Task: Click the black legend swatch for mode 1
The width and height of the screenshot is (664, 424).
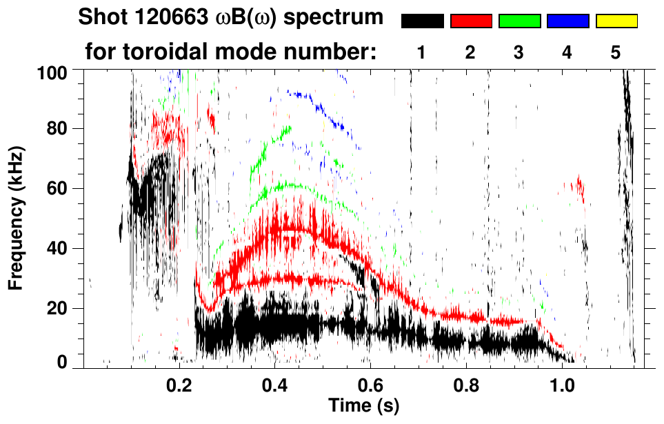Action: pyautogui.click(x=423, y=21)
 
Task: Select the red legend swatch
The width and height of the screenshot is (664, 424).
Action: pyautogui.click(x=471, y=21)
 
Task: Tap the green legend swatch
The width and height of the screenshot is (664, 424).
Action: pyautogui.click(x=519, y=21)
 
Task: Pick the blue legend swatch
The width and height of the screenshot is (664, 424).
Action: pyautogui.click(x=567, y=21)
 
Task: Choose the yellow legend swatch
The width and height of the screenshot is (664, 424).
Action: pyautogui.click(x=616, y=21)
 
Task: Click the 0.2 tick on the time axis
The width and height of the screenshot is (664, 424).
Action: pyautogui.click(x=180, y=383)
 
